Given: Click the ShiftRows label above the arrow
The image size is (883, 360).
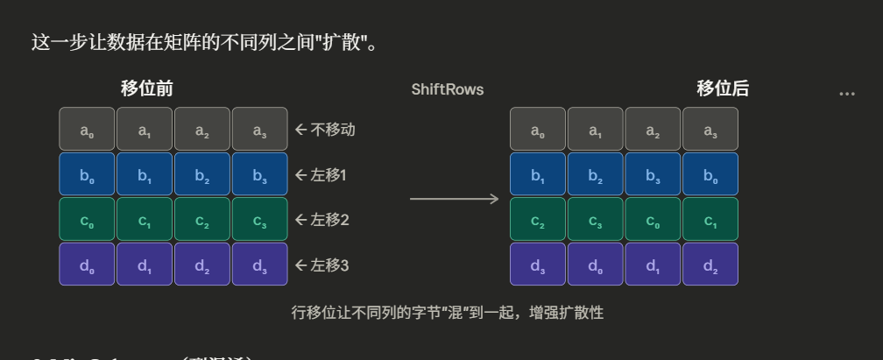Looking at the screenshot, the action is click(447, 89).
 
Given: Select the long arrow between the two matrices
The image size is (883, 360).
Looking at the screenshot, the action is click(454, 200).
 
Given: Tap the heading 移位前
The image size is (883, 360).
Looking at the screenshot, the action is click(146, 88).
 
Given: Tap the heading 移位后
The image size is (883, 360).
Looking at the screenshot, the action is click(723, 88).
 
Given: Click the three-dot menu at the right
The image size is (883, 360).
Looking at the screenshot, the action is click(846, 93).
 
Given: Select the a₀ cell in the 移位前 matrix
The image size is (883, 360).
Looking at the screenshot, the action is click(87, 130).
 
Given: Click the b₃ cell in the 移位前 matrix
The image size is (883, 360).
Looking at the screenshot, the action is click(259, 174).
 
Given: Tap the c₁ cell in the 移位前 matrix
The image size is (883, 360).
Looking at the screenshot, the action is click(145, 219).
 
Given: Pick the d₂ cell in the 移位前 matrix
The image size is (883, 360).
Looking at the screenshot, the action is click(201, 264).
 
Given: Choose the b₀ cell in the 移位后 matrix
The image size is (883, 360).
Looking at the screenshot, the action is click(710, 174).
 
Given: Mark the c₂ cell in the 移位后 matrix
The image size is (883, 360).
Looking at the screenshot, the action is click(538, 219).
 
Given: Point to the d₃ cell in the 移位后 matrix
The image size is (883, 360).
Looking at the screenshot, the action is click(538, 264).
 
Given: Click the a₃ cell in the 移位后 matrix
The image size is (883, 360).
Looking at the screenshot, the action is click(710, 130).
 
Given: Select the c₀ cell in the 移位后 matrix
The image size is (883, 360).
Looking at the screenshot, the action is click(653, 219).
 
